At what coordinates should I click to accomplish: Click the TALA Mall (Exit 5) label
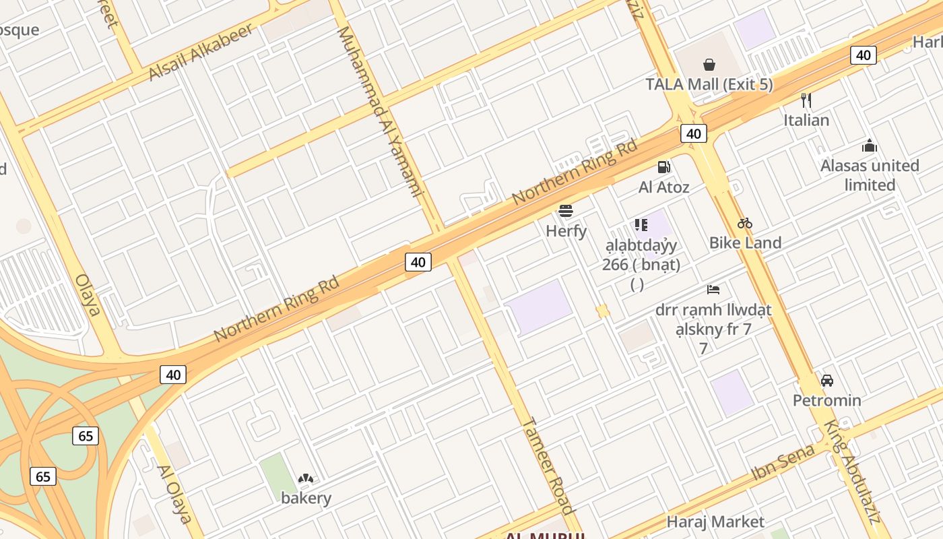tap(709, 85)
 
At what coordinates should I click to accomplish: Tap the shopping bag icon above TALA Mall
tap(709, 65)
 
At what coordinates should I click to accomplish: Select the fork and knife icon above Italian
tap(806, 100)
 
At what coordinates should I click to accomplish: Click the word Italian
tap(806, 121)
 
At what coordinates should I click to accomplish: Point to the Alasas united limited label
tap(870, 175)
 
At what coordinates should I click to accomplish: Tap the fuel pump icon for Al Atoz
tap(664, 167)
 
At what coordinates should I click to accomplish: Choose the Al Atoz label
tap(664, 187)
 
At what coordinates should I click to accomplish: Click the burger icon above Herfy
tap(566, 211)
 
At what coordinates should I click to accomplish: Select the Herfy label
tap(566, 231)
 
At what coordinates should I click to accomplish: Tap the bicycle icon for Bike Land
tap(745, 223)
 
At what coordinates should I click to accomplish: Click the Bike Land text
tap(745, 243)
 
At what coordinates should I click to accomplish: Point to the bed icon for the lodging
tap(713, 290)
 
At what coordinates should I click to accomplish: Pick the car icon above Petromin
tap(827, 381)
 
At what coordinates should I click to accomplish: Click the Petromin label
tap(827, 400)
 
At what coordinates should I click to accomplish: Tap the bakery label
tap(306, 499)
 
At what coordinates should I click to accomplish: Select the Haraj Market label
tap(715, 521)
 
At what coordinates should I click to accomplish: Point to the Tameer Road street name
tap(548, 466)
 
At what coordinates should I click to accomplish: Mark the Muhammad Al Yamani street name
tap(379, 111)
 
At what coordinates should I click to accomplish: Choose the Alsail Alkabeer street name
tap(201, 51)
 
